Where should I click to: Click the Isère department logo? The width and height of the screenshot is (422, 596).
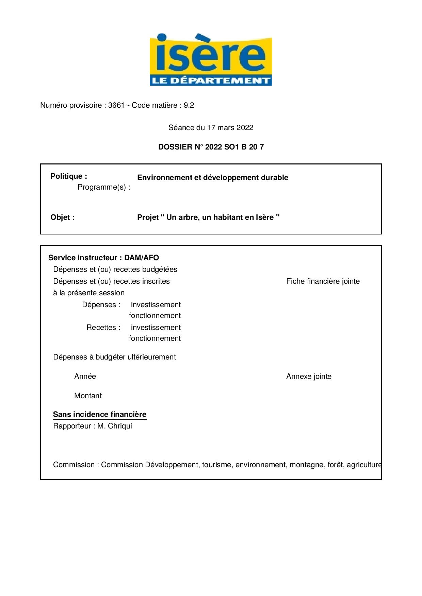pos(211,60)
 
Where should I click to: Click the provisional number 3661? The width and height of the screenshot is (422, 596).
pos(116,105)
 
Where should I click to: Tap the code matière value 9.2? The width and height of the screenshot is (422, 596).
pos(189,105)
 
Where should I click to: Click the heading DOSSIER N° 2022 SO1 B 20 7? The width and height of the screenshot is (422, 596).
pos(211,147)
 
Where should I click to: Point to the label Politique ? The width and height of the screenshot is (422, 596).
pos(69,176)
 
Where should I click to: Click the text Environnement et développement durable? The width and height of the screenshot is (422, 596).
pos(212,178)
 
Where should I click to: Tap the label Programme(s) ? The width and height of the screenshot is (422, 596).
pos(104,187)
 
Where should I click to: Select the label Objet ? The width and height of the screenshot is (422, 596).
pos(62,217)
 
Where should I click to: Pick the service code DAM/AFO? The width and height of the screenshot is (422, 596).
pos(141,258)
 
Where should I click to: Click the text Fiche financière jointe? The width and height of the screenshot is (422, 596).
pos(323,281)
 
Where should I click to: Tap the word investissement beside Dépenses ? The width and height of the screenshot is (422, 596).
pos(156,305)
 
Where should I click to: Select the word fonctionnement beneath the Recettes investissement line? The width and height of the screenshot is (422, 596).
pos(155,338)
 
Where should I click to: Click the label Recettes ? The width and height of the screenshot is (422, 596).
pos(103,328)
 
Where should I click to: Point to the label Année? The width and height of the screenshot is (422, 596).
pos(85,376)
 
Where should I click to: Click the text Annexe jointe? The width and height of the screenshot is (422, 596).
pos(309,376)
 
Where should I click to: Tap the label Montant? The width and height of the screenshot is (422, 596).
pos(88,396)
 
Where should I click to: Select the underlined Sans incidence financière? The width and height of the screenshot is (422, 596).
pos(100,415)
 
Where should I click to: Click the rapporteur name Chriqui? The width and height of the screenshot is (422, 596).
pos(119,426)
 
